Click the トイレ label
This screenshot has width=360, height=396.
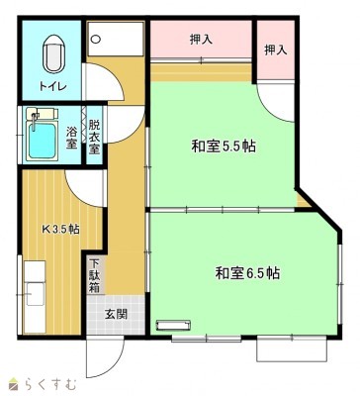pyautogui.click(x=53, y=86)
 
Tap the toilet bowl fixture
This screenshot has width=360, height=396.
pyautogui.click(x=53, y=53)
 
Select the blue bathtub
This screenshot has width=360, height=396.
pyautogui.click(x=42, y=141)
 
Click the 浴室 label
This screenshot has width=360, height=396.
pyautogui.click(x=71, y=138)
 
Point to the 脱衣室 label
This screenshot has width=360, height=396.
pyautogui.click(x=94, y=137)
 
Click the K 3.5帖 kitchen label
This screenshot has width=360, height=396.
pyautogui.click(x=60, y=229)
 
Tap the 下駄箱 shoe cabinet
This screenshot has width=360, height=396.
pyautogui.click(x=95, y=276)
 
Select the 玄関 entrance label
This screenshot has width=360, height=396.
pyautogui.click(x=116, y=314)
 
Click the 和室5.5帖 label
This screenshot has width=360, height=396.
pyautogui.click(x=224, y=146)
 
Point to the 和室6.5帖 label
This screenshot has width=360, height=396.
pyautogui.click(x=247, y=273)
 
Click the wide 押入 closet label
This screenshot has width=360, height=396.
pyautogui.click(x=201, y=40)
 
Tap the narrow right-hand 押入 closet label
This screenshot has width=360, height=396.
pyautogui.click(x=276, y=49)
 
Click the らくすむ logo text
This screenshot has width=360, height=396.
pyautogui.click(x=50, y=384)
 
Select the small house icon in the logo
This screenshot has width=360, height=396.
pyautogui.click(x=14, y=383)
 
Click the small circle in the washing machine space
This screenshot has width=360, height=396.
pyautogui.click(x=96, y=40)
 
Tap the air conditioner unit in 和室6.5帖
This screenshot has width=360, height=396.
pyautogui.click(x=174, y=325)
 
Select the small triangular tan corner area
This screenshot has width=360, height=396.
pyautogui.click(x=303, y=201)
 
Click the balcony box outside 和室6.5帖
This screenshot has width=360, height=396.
pyautogui.click(x=292, y=349)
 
